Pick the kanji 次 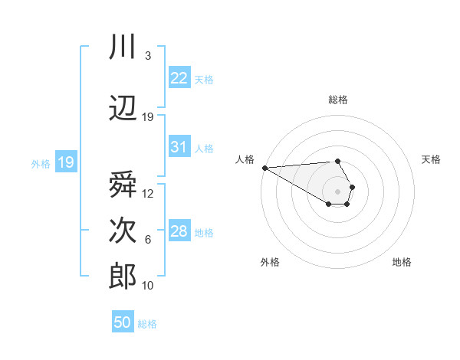123,231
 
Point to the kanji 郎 123,277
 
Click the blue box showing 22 179,78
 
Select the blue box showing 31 179,147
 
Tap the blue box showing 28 179,231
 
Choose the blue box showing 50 123,322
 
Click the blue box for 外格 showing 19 66,162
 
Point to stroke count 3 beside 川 147,56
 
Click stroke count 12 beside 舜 148,194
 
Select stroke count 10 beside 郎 148,286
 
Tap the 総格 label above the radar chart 338,100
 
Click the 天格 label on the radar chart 431,159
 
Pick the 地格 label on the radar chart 402,262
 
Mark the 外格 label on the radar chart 270,262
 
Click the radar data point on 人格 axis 264,168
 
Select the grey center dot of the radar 338,190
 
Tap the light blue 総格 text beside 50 147,324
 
